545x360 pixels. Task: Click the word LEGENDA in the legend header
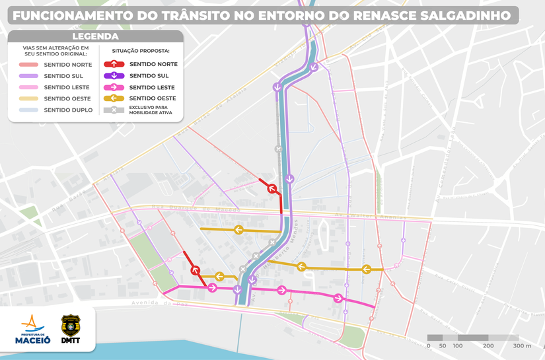[x=95, y=37]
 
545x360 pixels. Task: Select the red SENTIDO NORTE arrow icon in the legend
[x=114, y=64]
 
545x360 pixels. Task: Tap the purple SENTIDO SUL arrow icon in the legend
[x=114, y=76]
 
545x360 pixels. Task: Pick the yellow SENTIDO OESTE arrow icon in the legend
[x=114, y=98]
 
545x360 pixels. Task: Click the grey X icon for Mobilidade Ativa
[x=114, y=110]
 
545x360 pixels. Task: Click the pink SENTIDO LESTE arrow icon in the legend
[x=114, y=87]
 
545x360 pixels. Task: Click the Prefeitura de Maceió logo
[x=33, y=330]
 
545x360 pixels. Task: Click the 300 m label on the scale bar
[x=523, y=345]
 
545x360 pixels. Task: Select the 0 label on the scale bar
[x=429, y=345]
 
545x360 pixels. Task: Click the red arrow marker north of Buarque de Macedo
[x=271, y=189]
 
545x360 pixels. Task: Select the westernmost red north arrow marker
[x=195, y=270]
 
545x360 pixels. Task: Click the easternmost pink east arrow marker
[x=338, y=298]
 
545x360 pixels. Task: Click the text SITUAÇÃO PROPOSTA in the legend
[x=141, y=50]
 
